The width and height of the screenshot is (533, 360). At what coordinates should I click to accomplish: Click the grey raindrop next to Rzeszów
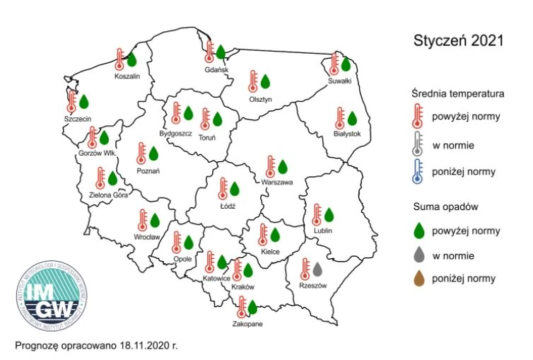coord(317,269)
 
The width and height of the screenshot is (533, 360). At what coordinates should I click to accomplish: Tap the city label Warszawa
coord(276,182)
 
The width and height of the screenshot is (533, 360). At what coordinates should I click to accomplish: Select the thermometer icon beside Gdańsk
coord(209,51)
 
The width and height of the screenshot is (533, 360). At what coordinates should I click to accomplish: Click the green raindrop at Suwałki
coord(346,64)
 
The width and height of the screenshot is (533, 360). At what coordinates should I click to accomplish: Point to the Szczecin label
coord(77,119)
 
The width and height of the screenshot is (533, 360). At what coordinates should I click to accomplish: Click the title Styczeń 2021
coord(458,40)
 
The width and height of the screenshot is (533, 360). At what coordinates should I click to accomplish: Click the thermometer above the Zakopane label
coord(242,306)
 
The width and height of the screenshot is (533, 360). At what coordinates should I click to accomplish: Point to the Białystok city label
coord(347,134)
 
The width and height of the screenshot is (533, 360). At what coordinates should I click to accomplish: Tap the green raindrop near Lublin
coord(328,214)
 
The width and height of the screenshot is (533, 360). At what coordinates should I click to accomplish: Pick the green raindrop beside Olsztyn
coord(265,82)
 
